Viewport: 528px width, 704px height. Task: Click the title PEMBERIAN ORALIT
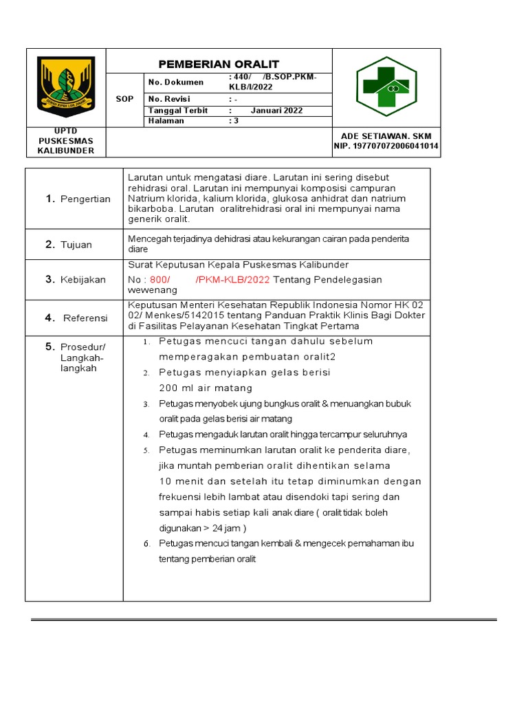click(219, 64)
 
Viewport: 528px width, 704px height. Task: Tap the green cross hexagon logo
click(386, 87)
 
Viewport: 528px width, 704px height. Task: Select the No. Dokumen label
click(176, 82)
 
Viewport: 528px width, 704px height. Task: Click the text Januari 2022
click(276, 110)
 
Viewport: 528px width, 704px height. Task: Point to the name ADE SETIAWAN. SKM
click(386, 135)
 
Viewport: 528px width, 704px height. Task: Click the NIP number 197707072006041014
click(386, 146)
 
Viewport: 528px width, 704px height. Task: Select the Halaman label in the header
click(166, 121)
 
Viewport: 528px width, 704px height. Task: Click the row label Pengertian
click(85, 199)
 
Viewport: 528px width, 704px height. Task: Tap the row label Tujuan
click(76, 245)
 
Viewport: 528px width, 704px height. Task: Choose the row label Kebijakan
click(82, 279)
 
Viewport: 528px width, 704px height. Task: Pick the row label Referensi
click(85, 318)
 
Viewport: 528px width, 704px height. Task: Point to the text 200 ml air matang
click(196, 388)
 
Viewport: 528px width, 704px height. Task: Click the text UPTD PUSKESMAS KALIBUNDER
click(66, 140)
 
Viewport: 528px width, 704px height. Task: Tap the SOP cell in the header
click(124, 99)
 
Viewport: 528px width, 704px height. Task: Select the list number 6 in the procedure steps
click(146, 544)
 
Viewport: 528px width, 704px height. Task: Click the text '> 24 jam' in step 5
click(222, 528)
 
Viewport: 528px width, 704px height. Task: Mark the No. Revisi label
click(169, 99)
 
